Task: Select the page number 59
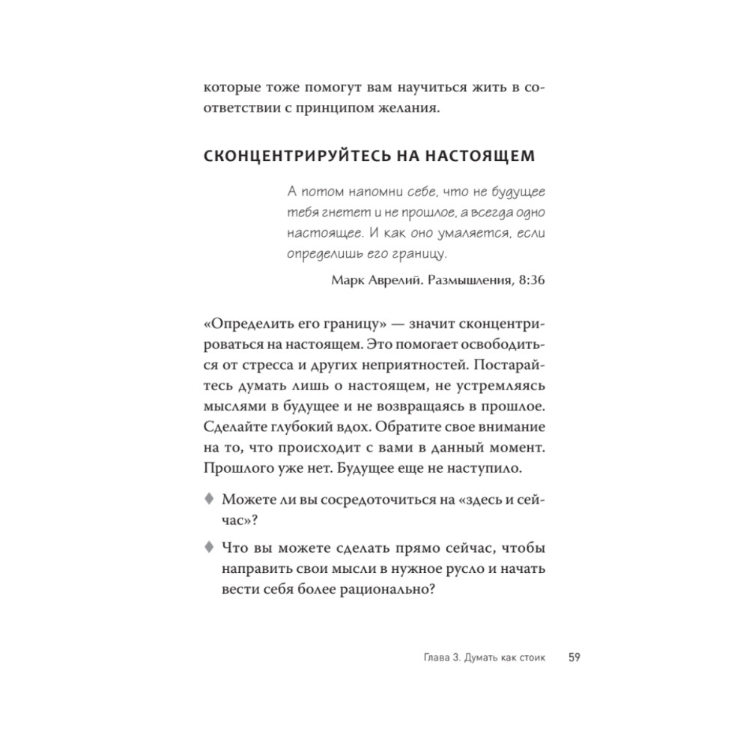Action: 574,658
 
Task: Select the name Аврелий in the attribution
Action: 391,281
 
